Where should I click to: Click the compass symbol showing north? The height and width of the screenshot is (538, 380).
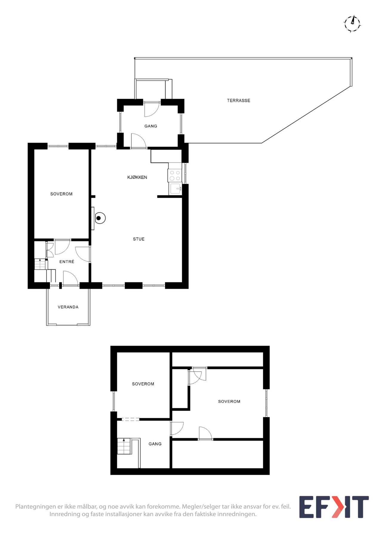(x=352, y=23)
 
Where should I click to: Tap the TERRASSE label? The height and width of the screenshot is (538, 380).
(x=239, y=100)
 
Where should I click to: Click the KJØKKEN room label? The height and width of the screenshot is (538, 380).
(x=137, y=177)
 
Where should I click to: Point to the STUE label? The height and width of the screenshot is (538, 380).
(x=139, y=239)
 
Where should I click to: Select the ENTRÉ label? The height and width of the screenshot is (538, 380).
(x=67, y=262)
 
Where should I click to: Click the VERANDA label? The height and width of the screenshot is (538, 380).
(x=68, y=307)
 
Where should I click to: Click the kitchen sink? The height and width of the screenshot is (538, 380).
(x=176, y=189)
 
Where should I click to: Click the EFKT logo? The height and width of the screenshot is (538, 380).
(x=334, y=507)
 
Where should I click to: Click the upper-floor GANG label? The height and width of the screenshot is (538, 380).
(x=155, y=444)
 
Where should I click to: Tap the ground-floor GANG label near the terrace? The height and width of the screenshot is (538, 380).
(x=151, y=126)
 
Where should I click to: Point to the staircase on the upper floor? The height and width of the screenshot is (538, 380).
(x=124, y=446)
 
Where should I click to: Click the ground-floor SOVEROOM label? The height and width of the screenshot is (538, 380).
(x=61, y=194)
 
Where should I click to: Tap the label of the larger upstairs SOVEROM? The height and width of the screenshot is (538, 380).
(x=229, y=401)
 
